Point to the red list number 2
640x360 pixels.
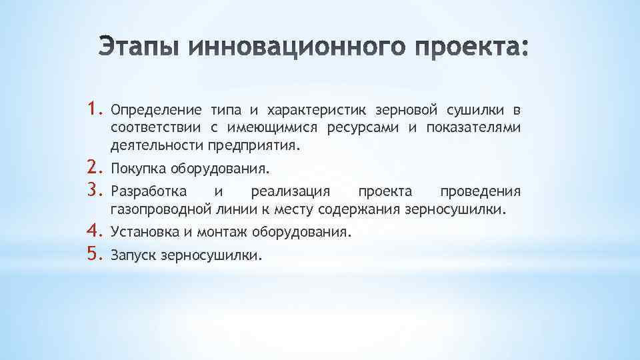pos(93,167)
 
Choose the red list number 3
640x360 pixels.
pos(93,191)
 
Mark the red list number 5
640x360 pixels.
pos(93,254)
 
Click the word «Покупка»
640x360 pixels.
pos(136,169)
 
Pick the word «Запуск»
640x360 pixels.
pos(131,255)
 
